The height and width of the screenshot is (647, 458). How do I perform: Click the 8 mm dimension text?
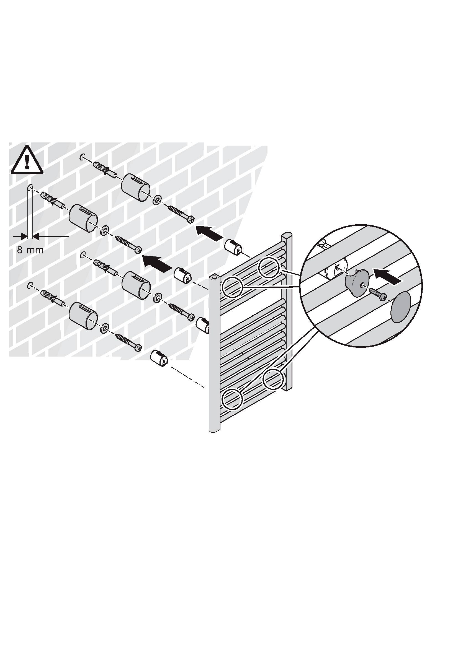click(30, 250)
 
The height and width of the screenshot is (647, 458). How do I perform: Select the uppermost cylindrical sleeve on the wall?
click(136, 187)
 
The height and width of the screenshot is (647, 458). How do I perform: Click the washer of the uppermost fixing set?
click(157, 201)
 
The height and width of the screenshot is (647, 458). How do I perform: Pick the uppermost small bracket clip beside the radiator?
click(233, 247)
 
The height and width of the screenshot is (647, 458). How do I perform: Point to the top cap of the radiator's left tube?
click(214, 279)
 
